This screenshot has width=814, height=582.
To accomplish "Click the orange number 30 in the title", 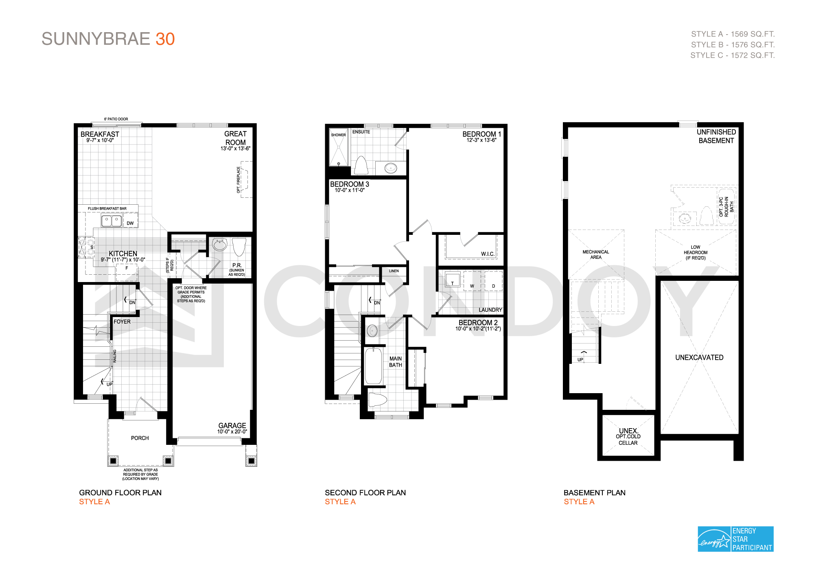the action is (165, 39).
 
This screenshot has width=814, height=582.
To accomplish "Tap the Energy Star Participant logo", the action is (735, 539).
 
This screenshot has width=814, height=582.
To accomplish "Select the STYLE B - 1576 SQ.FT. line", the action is (733, 45).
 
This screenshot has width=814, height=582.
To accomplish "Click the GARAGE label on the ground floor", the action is (232, 425).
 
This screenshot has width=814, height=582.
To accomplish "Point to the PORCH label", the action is (140, 438).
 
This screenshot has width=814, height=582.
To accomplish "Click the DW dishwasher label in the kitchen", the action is (130, 223).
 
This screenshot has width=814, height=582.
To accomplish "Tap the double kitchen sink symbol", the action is (112, 221).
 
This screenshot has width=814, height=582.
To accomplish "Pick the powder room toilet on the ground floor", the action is (239, 247).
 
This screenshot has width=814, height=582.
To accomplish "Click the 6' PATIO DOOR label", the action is (116, 119).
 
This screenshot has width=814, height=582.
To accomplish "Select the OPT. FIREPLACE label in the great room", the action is (239, 179).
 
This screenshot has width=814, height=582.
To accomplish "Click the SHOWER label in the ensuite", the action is (338, 135).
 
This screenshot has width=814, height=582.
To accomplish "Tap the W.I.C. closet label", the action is (488, 254).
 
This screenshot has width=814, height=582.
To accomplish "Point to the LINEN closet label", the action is (394, 271).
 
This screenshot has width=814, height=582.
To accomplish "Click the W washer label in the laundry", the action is (472, 286).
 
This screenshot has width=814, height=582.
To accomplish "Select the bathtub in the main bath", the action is (373, 366).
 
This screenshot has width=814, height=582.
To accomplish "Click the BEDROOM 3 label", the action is (350, 184).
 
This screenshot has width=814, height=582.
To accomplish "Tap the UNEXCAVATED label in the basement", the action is (699, 357).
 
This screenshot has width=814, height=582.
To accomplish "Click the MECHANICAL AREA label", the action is (596, 254).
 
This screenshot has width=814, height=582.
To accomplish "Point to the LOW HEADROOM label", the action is (696, 252).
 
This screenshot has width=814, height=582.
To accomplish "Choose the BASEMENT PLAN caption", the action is (594, 492).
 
